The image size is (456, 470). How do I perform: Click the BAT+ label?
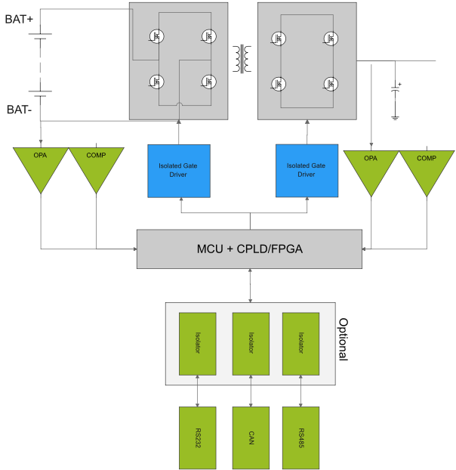point(19,19)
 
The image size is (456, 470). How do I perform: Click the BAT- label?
point(19,110)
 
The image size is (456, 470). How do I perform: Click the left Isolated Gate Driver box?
point(178,170)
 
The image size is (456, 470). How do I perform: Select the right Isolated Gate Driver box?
point(306,170)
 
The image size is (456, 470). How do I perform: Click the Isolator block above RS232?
point(198,343)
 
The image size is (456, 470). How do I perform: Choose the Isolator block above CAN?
point(251,343)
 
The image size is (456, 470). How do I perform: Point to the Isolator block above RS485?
point(300,343)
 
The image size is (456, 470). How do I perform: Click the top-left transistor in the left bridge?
point(159,36)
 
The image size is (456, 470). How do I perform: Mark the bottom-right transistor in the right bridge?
point(329,83)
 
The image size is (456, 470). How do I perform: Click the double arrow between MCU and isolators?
point(250,285)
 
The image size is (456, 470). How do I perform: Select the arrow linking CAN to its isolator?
point(251,391)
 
